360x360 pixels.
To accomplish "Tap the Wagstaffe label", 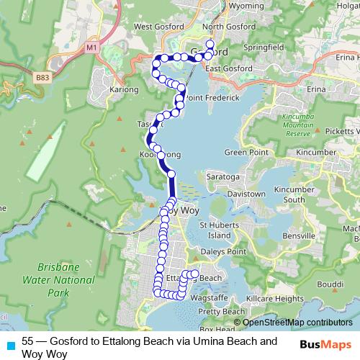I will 215,297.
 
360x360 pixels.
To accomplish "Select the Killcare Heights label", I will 275,298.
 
